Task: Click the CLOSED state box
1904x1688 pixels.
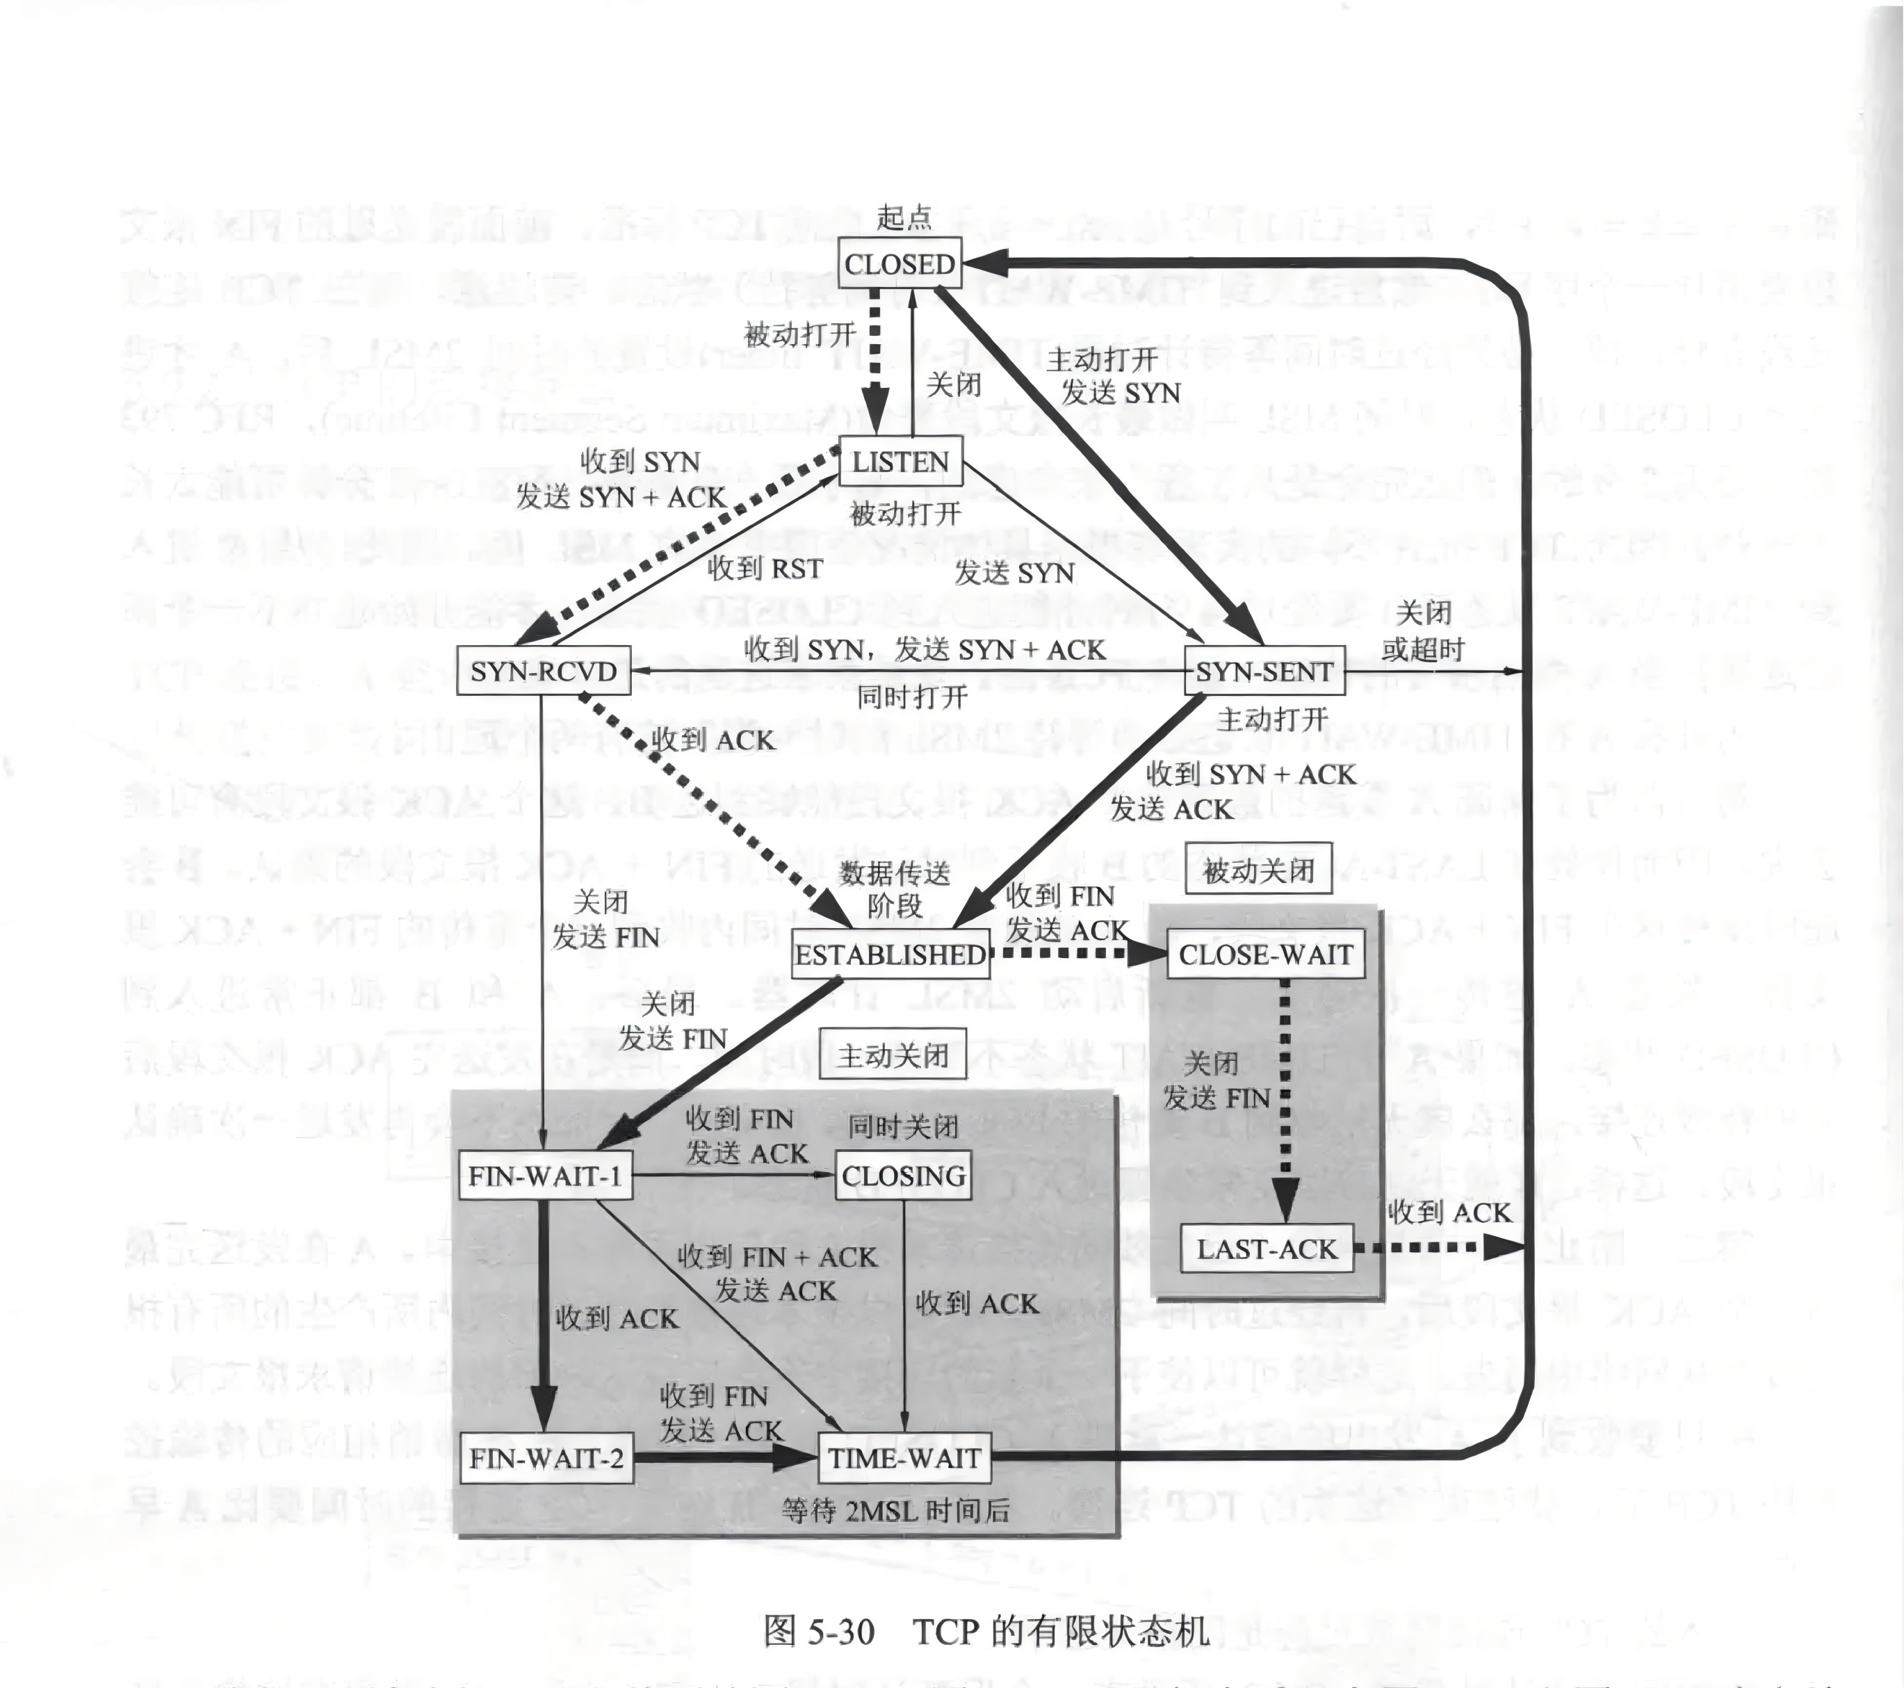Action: point(899,265)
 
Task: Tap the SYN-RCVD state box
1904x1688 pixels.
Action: point(543,671)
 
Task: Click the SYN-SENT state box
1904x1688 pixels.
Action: point(1264,671)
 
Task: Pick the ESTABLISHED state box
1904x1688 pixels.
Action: point(890,954)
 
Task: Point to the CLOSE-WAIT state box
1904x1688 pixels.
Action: point(1265,954)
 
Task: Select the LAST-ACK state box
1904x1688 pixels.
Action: point(1266,1249)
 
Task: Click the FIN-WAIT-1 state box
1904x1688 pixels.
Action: point(545,1176)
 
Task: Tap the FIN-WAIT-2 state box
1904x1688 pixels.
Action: point(546,1458)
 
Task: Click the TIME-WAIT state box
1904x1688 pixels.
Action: point(904,1458)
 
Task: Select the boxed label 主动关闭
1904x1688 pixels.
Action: point(893,1055)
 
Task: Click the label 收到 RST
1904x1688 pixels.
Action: point(765,567)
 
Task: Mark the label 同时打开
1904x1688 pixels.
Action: point(912,696)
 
